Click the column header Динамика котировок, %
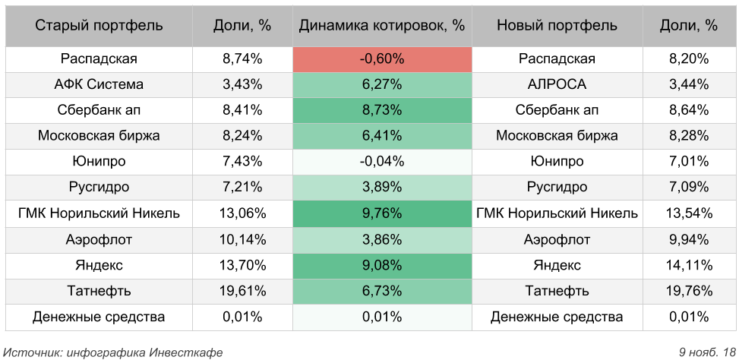click(382, 25)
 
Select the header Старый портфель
click(99, 25)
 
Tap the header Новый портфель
click(557, 25)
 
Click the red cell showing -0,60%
click(382, 58)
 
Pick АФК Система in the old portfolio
click(99, 84)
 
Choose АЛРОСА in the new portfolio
click(557, 84)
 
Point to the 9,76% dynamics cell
click(382, 213)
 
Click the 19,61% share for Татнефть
click(242, 291)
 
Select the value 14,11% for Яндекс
click(689, 265)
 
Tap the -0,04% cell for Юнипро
click(382, 162)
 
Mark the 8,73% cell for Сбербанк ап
click(382, 110)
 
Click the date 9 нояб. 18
click(708, 352)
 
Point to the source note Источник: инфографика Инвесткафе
click(113, 352)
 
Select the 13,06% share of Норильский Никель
click(242, 213)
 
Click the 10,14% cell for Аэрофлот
click(242, 239)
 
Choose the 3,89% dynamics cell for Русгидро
click(382, 188)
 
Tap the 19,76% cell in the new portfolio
click(689, 291)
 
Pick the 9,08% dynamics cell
click(382, 265)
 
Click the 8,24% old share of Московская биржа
click(242, 136)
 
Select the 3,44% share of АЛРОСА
click(689, 84)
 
